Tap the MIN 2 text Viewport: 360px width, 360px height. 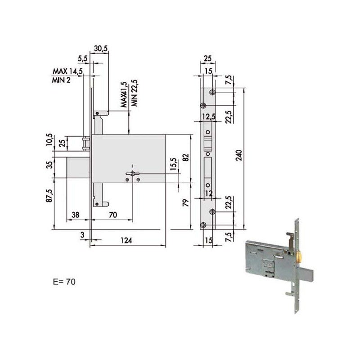pos(61,80)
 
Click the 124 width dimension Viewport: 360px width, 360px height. pos(126,241)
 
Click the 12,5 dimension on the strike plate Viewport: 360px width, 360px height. pos(207,117)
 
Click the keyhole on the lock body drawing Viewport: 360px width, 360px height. pos(132,174)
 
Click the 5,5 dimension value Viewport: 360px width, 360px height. pos(82,58)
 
